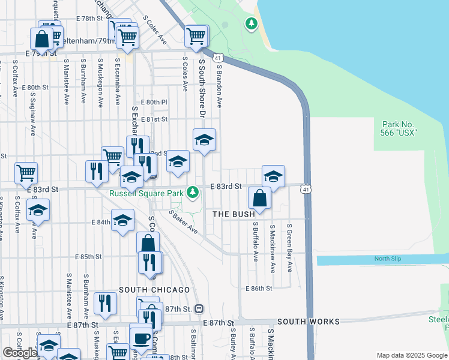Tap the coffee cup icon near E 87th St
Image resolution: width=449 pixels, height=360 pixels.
[x=140, y=338]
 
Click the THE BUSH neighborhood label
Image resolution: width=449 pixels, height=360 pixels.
[x=234, y=214]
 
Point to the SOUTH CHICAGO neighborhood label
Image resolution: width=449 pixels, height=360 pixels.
[x=154, y=290]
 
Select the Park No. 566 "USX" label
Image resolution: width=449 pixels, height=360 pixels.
[x=399, y=128]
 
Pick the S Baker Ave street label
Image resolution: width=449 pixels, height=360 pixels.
[x=184, y=221]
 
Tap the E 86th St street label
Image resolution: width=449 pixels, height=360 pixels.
[x=259, y=288]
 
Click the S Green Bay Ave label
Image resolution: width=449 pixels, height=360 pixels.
[x=289, y=248]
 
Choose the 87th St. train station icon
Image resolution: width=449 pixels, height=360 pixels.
[x=199, y=308]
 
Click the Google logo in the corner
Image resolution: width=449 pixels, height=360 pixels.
[x=20, y=353]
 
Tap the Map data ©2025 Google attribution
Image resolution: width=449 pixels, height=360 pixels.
[x=411, y=355]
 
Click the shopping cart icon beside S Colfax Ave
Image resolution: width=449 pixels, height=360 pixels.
[x=26, y=173]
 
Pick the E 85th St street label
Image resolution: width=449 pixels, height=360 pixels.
[x=88, y=257]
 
